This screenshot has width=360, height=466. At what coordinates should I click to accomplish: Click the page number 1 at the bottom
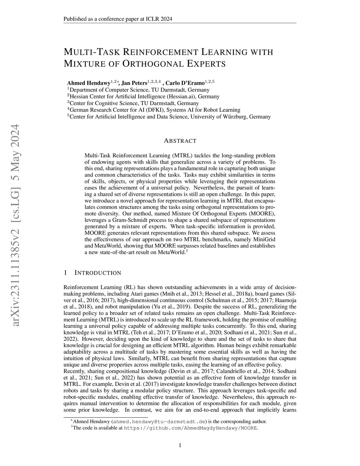(x=180, y=446)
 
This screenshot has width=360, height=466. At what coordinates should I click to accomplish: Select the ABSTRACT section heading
(x=180, y=141)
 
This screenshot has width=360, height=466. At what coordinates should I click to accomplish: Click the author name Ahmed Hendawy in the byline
(x=88, y=83)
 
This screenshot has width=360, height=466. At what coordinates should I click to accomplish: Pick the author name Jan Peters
(x=134, y=83)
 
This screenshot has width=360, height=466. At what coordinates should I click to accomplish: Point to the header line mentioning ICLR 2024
(x=118, y=19)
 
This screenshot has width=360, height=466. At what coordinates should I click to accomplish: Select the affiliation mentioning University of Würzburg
(x=169, y=117)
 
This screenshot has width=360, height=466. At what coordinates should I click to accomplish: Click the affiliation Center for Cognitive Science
(x=133, y=103)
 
